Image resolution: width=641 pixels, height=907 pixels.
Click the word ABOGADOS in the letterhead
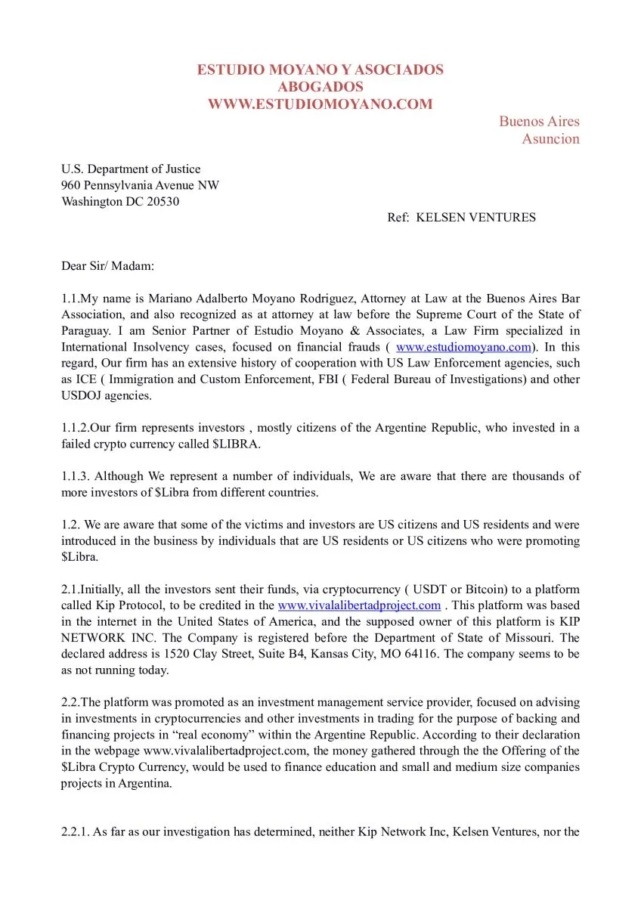point(320,87)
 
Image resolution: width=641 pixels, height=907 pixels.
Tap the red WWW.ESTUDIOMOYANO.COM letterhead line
point(320,104)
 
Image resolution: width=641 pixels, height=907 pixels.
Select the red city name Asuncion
point(550,138)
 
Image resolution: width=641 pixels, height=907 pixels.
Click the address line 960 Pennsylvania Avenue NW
point(141,185)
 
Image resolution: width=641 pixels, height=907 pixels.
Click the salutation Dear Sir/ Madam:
point(107,266)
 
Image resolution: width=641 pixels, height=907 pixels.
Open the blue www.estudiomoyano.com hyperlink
point(463,347)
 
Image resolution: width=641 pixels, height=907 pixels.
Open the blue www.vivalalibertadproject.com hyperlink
point(359,605)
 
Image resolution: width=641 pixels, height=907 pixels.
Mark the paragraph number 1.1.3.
point(75,476)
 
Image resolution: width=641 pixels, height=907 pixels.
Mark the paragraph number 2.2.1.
point(75,832)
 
